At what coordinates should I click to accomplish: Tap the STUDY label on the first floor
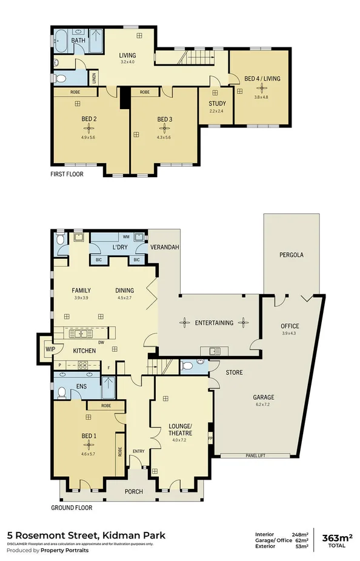click(217, 104)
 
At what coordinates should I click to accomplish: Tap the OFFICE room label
click(290, 326)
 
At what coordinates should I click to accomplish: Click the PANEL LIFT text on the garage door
click(255, 455)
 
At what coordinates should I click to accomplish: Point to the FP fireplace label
click(211, 437)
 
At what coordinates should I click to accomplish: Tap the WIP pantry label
click(47, 349)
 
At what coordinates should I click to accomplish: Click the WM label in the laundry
click(125, 237)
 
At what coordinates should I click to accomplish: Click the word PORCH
click(133, 492)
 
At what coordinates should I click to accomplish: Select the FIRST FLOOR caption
click(67, 173)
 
